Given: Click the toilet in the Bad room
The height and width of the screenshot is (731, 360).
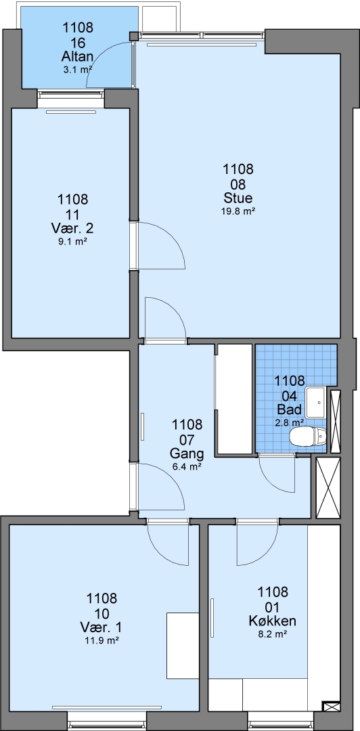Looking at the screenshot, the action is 309,437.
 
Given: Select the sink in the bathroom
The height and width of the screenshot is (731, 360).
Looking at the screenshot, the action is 317,401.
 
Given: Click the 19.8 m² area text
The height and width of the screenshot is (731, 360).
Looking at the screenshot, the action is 238,211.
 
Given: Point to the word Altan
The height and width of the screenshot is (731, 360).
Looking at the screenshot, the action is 78,57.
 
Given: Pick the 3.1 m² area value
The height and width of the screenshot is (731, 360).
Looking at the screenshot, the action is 78,70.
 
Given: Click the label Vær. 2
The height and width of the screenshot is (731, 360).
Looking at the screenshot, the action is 73,229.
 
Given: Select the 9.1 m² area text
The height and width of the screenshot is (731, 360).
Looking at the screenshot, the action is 73,242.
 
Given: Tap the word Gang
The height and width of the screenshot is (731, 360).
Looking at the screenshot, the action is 187,453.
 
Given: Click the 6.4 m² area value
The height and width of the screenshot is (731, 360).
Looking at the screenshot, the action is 187,466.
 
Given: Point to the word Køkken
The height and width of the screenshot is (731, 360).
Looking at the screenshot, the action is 273,621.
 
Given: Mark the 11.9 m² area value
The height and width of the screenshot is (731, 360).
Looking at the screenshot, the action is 102,640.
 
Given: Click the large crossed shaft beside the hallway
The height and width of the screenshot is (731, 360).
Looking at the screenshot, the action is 328,488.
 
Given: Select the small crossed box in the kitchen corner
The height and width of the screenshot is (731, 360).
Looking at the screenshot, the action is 331,707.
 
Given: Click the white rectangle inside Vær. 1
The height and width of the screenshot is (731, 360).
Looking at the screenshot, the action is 183,646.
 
